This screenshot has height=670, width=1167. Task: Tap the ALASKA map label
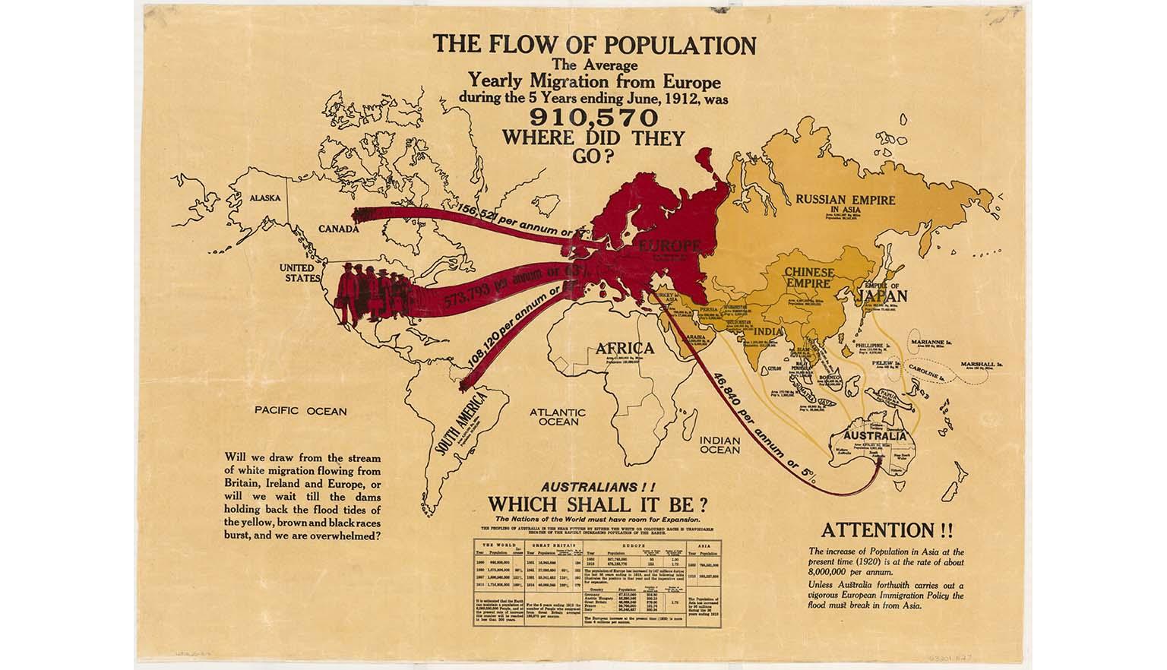[265, 198]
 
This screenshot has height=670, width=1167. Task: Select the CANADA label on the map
[338, 228]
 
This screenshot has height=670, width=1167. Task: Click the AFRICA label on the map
[625, 349]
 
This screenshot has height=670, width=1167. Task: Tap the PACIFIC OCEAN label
[300, 412]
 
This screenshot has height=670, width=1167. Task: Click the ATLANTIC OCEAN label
[558, 416]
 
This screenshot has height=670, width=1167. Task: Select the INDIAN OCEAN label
[719, 444]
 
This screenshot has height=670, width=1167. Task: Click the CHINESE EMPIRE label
[809, 277]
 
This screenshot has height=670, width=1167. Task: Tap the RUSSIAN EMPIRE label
[845, 201]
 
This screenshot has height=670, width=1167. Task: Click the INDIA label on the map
[770, 331]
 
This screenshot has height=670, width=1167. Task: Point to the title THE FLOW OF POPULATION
[595, 46]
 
